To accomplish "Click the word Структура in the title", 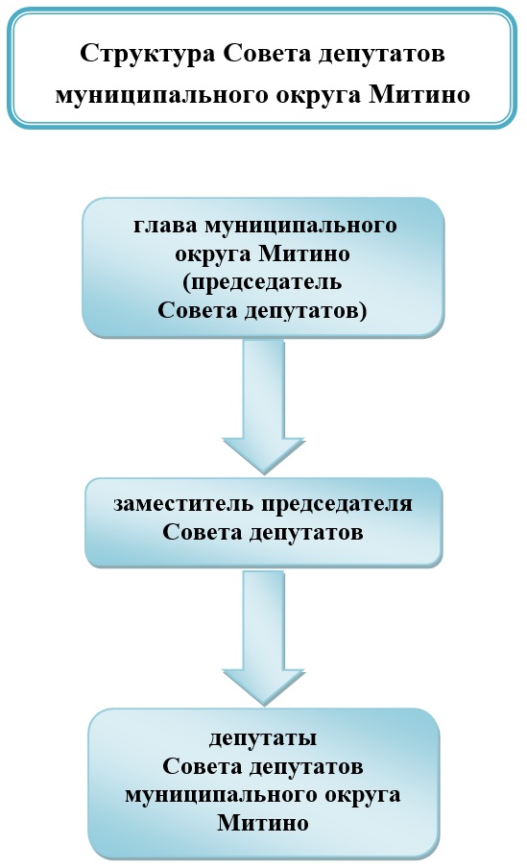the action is pyautogui.click(x=148, y=54).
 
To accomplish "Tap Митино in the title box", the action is pyautogui.click(x=419, y=95).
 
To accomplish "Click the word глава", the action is pyautogui.click(x=166, y=226).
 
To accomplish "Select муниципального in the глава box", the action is pyautogui.click(x=301, y=227).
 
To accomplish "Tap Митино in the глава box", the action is pyautogui.click(x=304, y=253).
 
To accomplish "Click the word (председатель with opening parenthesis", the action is pyautogui.click(x=262, y=282).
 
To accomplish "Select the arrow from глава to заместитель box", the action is pyautogui.click(x=263, y=407).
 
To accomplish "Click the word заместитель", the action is pyautogui.click(x=184, y=504).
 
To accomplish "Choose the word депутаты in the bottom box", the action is pyautogui.click(x=263, y=739).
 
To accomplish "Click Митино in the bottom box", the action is pyautogui.click(x=263, y=822).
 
